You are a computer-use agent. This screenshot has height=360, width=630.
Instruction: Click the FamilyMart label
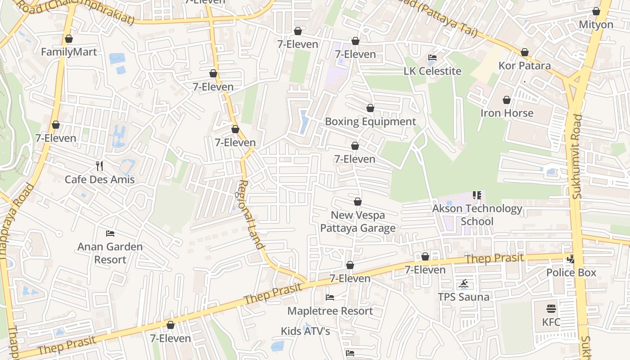[x=69, y=52]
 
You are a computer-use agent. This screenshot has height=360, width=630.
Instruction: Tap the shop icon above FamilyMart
[x=69, y=39]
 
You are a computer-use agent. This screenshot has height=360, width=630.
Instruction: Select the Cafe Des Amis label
[x=99, y=180]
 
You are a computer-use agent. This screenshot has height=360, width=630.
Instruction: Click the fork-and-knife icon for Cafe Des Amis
[x=99, y=166]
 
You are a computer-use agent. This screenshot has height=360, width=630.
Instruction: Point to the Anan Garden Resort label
[x=110, y=253]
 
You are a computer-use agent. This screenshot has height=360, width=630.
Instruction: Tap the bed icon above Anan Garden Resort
[x=110, y=233]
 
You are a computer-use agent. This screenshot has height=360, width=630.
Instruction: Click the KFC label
[x=551, y=322]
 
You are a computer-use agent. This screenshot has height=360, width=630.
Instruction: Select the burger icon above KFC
[x=551, y=309]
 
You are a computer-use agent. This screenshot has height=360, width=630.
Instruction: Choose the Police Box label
[x=571, y=272]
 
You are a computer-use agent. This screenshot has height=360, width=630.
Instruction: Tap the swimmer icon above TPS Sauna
[x=464, y=284]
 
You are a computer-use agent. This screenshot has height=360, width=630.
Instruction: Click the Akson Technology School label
[x=477, y=215]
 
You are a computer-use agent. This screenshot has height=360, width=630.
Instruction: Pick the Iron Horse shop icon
[x=507, y=100]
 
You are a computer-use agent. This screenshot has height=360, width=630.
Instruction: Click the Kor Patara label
[x=524, y=66]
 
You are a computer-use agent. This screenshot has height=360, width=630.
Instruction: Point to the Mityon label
[x=596, y=24]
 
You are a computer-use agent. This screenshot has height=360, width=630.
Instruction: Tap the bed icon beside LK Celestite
[x=432, y=58]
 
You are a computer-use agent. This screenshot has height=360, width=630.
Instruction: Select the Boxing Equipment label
[x=370, y=121]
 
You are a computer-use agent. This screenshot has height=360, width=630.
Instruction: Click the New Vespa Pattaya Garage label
[x=358, y=221]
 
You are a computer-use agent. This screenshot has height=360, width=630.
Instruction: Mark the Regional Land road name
[x=251, y=214]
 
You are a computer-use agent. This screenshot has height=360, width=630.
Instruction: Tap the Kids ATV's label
[x=306, y=331]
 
